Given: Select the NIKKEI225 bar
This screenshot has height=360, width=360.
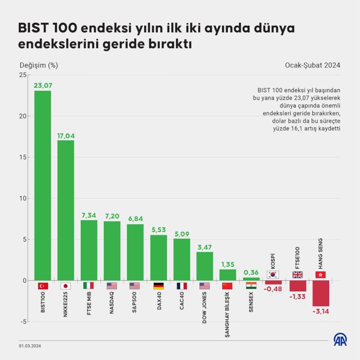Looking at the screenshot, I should point(66,210).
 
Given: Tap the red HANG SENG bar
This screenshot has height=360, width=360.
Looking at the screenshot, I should point(321,293).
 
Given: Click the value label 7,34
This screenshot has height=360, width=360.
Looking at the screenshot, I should point(89,215).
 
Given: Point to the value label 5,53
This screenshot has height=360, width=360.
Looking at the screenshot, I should point(158,230).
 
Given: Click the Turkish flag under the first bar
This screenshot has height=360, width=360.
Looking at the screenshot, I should point(43,286).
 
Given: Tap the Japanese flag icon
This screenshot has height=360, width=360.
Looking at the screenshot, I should point(66,286).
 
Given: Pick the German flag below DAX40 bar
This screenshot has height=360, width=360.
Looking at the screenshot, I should point(158,286).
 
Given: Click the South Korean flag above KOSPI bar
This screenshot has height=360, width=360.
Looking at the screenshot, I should point(273,274).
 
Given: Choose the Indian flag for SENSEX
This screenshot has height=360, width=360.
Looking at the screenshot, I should point(251,286).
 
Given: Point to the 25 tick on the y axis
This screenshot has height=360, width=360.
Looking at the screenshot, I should point(22,75).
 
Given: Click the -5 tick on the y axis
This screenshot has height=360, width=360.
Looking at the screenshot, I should point(22,322).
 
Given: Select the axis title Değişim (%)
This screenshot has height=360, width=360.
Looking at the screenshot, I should point(39,65).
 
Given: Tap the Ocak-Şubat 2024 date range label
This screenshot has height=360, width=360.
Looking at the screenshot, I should point(312,65).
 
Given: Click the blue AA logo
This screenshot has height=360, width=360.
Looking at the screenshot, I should point(340,340).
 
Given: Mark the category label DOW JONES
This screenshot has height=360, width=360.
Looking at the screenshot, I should point(205,308).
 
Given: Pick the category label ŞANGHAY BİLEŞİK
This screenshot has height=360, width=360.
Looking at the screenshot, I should point(228,315).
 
